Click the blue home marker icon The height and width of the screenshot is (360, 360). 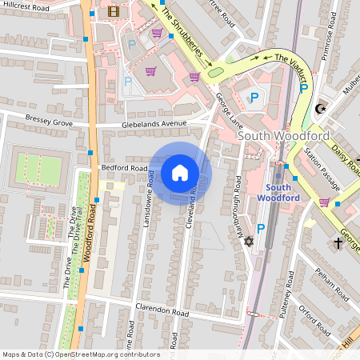[180, 173]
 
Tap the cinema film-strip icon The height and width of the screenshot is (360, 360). [113, 11]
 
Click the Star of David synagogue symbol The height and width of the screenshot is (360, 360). [248, 241]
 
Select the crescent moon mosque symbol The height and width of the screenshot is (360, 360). [322, 108]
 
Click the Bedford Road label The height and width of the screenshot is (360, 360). [124, 169]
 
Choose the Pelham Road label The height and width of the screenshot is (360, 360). [326, 284]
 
